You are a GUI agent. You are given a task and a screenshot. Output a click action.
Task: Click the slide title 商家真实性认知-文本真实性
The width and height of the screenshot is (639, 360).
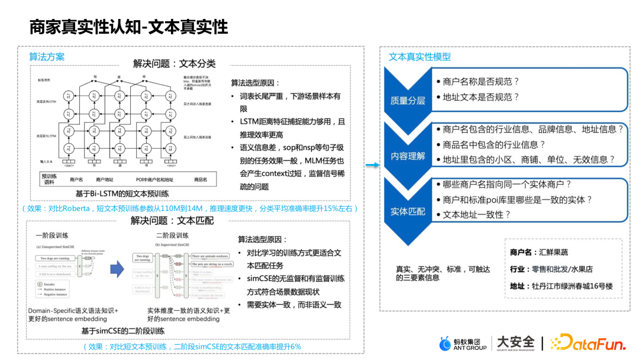click(128, 27)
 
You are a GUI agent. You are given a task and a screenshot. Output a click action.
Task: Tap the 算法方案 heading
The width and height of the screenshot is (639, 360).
click(47, 57)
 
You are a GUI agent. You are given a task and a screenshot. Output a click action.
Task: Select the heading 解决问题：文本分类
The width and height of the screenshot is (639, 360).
click(174, 63)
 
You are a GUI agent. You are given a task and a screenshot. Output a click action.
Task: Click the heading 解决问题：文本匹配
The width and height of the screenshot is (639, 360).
click(172, 221)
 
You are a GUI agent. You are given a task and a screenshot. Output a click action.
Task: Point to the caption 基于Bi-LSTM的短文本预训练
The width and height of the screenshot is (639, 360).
click(122, 194)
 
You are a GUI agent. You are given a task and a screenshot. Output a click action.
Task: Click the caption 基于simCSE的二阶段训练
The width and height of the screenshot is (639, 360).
click(123, 331)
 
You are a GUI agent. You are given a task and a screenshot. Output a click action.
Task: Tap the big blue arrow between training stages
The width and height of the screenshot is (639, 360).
click(117, 269)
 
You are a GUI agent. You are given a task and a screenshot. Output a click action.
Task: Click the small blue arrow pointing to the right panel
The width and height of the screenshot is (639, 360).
click(372, 165)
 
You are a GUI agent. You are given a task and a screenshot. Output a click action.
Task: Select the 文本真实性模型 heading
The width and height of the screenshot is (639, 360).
click(419, 57)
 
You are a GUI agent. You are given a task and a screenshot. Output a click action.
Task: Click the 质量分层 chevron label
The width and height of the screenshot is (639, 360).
click(408, 100)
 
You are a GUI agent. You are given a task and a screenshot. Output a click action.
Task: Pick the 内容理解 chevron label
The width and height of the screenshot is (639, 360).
click(408, 156)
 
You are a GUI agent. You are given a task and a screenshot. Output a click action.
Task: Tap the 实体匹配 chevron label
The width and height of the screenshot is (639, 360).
click(408, 211)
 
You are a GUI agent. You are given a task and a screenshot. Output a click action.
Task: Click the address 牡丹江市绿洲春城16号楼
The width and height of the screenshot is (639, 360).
click(572, 287)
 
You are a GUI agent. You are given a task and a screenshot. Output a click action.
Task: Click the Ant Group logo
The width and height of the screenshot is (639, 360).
click(463, 343)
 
